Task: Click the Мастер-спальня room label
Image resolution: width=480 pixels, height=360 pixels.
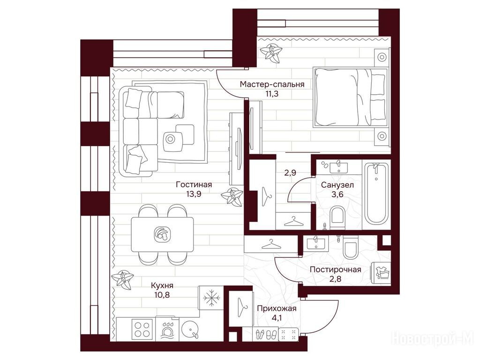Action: tap(272, 84)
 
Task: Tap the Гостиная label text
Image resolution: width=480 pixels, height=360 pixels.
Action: tap(194, 185)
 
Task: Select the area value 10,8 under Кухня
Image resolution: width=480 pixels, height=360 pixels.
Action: tap(162, 295)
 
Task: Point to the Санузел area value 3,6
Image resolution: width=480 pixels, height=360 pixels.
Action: tap(337, 194)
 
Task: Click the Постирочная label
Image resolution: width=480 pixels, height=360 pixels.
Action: tap(336, 270)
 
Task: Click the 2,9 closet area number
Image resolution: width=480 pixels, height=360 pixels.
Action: tap(290, 173)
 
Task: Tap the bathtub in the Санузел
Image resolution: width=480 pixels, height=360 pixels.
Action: tap(376, 194)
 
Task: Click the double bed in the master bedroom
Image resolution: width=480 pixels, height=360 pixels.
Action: tap(350, 97)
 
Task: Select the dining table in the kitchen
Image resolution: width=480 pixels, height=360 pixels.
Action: tap(162, 234)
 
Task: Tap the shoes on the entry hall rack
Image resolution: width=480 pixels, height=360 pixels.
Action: tap(266, 334)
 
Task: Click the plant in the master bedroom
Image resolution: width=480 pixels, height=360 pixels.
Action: tap(270, 52)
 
